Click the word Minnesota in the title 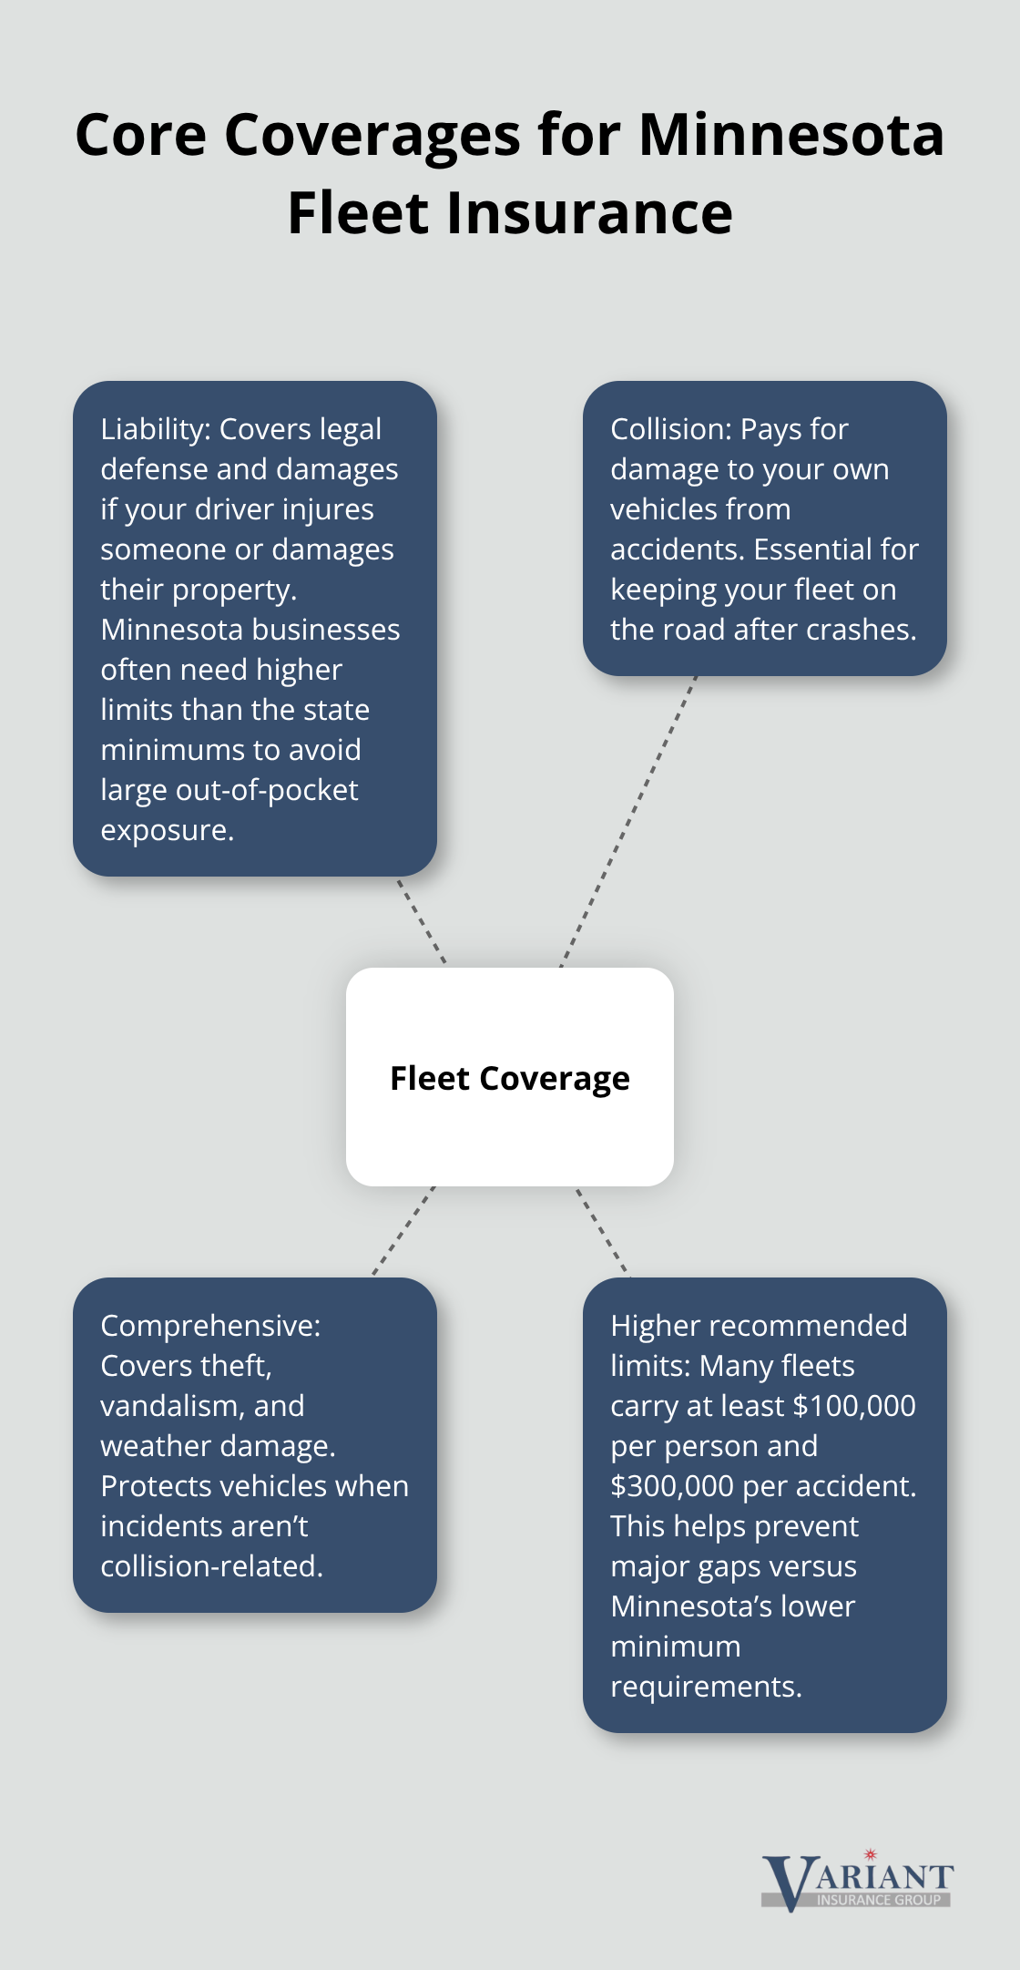791,136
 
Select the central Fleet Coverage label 510,1078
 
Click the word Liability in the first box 155,429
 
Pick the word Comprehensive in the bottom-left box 209,1326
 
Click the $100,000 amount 854,1406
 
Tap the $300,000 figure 672,1486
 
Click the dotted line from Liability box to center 422,920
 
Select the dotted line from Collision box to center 628,820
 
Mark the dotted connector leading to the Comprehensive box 403,1230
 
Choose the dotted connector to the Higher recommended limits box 602,1230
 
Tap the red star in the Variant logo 870,1854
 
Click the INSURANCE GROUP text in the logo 878,1901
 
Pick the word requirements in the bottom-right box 705,1687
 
